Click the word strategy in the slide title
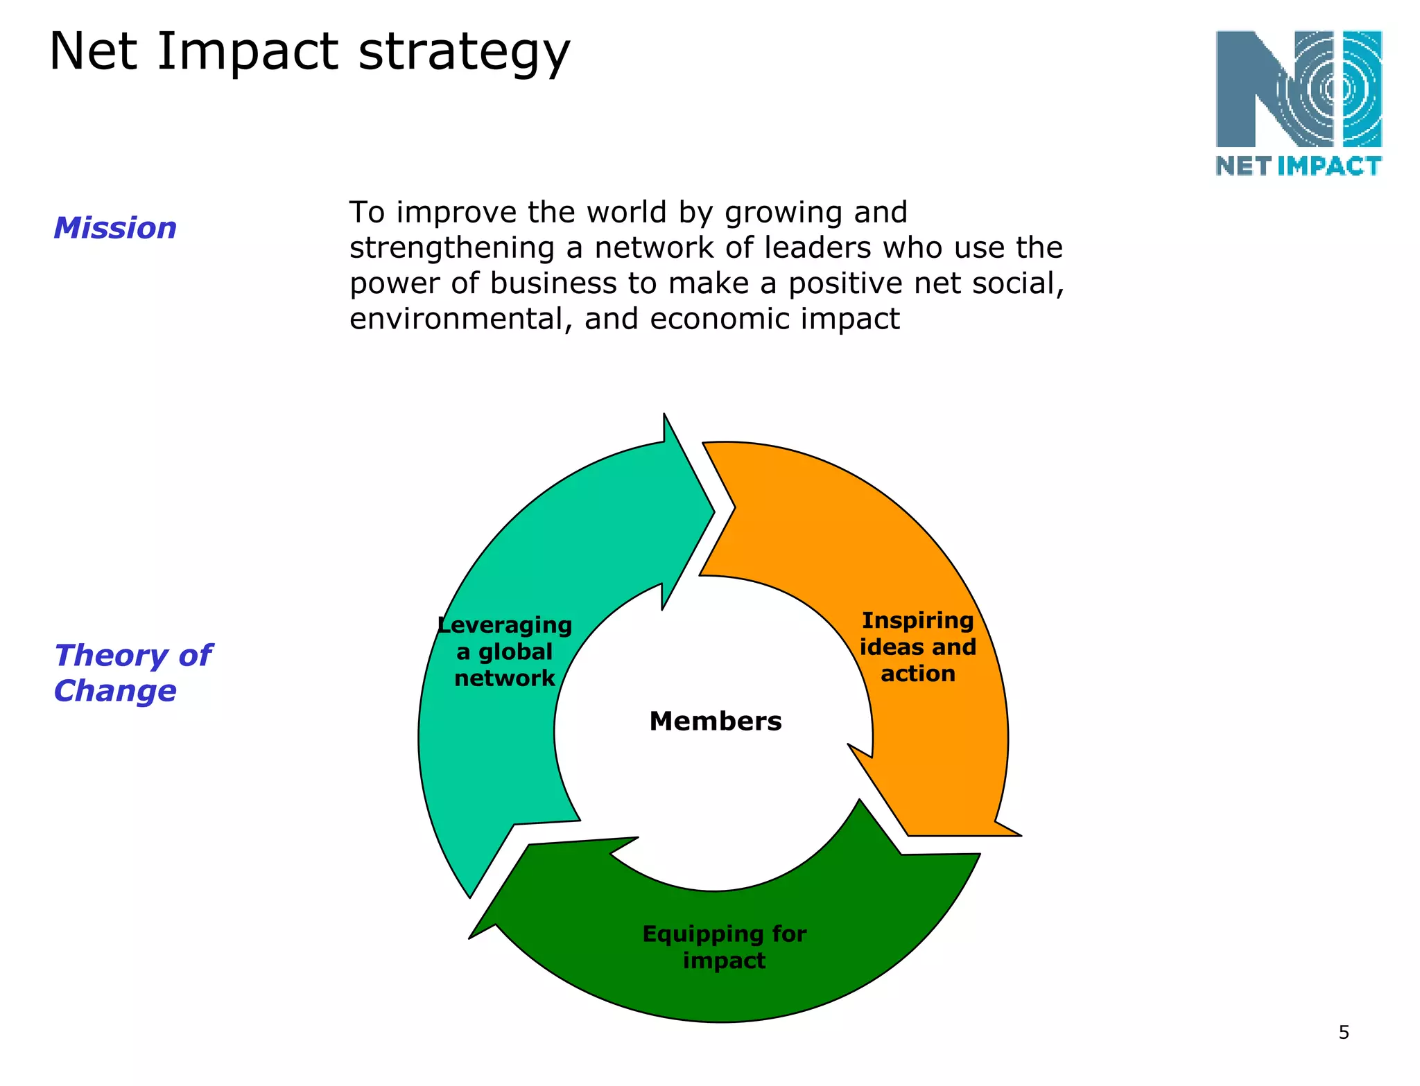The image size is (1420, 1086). [464, 53]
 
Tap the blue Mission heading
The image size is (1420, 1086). [115, 228]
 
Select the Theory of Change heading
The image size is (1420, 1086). [132, 673]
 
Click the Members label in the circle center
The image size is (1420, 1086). [715, 721]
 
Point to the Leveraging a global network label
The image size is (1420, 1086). [505, 651]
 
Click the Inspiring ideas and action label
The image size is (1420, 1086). [917, 647]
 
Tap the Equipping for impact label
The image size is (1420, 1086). [724, 947]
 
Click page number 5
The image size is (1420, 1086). [1343, 1033]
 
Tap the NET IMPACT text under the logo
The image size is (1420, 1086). [1298, 166]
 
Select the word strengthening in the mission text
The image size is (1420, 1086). [451, 247]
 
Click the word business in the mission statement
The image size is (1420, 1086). [553, 283]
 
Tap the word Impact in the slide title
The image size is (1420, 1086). [247, 53]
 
